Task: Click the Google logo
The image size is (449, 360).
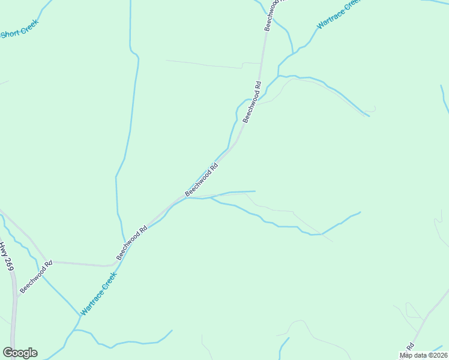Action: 20,353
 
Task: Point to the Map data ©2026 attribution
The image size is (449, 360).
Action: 423,355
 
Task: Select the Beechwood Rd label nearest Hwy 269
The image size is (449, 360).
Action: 36,277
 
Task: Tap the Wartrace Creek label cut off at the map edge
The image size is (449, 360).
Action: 338,13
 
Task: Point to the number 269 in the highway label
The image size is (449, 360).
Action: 8,264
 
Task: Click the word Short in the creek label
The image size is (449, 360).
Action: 10,34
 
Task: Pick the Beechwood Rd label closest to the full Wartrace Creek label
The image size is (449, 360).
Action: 131,242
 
